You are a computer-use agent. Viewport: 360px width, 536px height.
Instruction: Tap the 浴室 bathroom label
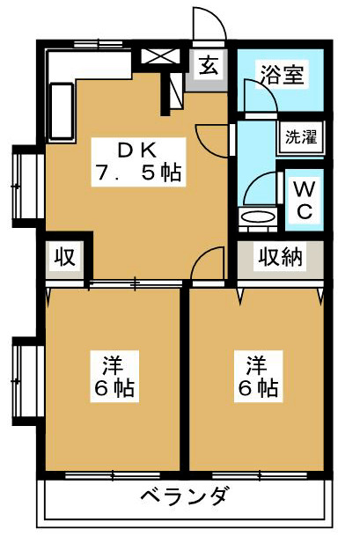click(x=282, y=74)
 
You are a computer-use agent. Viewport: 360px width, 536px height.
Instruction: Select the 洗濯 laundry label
click(x=299, y=137)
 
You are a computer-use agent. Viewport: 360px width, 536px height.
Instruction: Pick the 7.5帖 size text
click(x=136, y=173)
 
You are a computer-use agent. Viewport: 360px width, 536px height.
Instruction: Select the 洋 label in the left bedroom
click(x=112, y=363)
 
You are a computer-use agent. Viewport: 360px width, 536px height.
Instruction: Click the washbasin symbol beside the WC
click(x=258, y=217)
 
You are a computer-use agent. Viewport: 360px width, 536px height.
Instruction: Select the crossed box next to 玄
click(x=160, y=56)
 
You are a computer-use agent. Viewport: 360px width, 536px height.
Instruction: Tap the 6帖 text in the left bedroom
click(x=112, y=387)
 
